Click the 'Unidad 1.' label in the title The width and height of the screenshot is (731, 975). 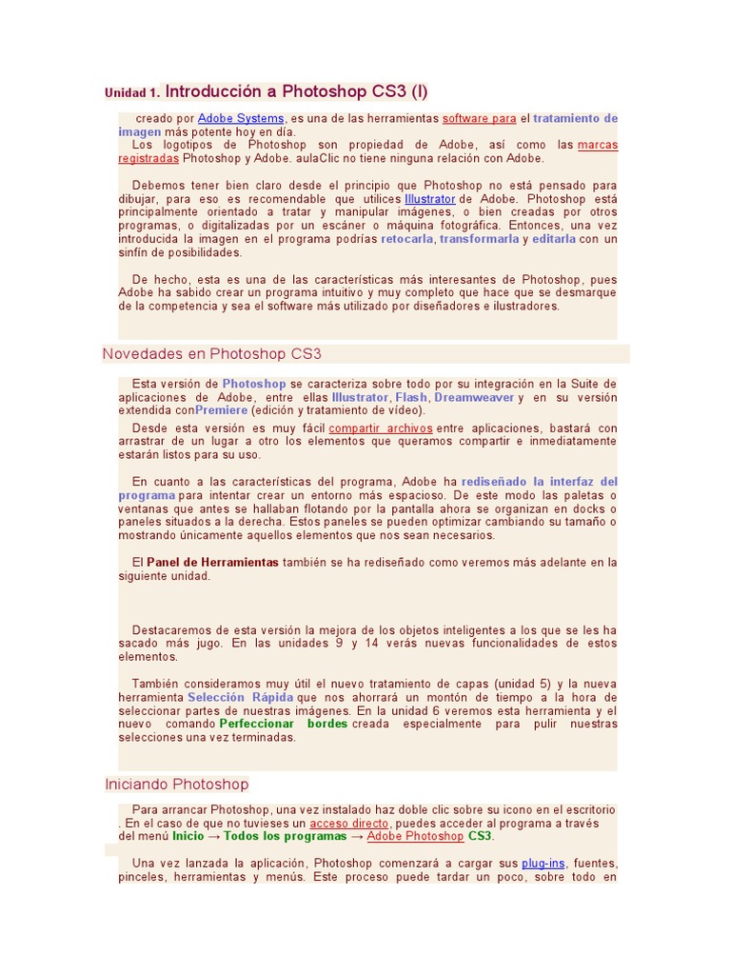point(132,93)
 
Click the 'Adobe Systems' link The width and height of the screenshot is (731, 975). point(241,118)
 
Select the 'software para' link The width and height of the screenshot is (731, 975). point(480,118)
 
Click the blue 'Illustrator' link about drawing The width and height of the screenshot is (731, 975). point(430,199)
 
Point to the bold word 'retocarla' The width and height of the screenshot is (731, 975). point(407,239)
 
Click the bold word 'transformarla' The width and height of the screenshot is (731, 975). point(479,239)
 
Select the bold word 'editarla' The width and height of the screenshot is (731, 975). point(554,239)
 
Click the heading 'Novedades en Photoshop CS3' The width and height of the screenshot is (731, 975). point(211,354)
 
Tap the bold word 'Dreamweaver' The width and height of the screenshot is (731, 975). point(474,397)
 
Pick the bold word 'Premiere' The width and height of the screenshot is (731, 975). point(221,410)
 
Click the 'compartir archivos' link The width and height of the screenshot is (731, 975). point(381,428)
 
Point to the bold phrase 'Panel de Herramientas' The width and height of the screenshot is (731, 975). point(212,562)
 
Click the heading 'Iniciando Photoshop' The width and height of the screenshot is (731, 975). point(176,785)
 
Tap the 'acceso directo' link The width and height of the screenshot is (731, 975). point(349,823)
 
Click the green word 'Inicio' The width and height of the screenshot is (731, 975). point(188,836)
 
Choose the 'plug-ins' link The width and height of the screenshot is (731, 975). point(543,863)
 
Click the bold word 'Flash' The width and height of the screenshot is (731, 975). point(411,397)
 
